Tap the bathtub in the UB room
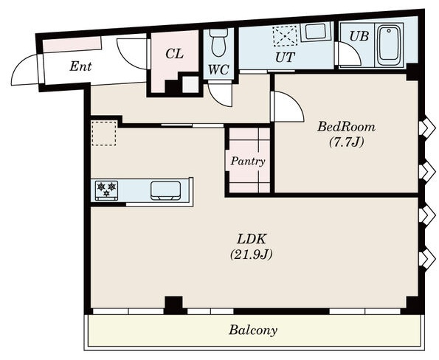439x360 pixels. (x=388, y=45)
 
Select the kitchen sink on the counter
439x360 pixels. (x=165, y=191)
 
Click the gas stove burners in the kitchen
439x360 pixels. (x=106, y=190)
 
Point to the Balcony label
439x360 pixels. (x=253, y=330)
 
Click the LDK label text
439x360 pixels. (x=252, y=239)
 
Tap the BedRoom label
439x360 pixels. (x=346, y=127)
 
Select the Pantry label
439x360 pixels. (x=248, y=162)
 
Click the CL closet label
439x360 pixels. (x=174, y=54)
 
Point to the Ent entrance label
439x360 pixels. (x=80, y=66)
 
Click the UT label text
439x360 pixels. (x=285, y=58)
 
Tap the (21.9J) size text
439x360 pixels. (x=251, y=255)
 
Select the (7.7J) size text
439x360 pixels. (x=347, y=142)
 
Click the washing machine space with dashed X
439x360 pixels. (x=285, y=35)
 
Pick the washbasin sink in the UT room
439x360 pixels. (x=315, y=31)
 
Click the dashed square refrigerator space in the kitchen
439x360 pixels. (x=104, y=134)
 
